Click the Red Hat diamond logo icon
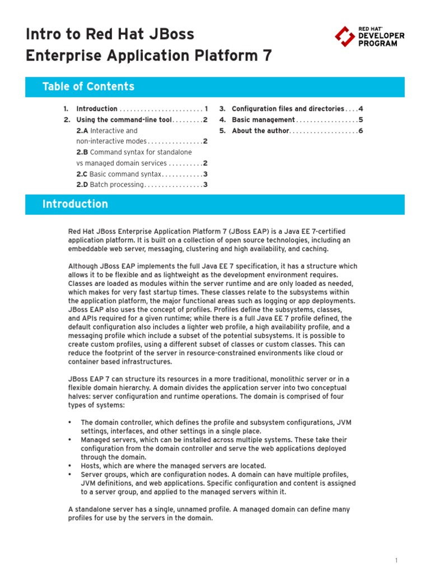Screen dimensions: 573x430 pos(344,36)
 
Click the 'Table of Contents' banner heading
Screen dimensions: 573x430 pos(88,87)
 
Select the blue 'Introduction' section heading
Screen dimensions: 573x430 pos(75,204)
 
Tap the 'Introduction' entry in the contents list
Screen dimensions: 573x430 pos(96,109)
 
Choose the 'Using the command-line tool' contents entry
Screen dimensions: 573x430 pos(124,120)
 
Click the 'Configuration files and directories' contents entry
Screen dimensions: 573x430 pos(288,109)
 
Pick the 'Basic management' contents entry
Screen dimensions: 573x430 pos(263,120)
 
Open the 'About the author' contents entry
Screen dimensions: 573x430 pos(260,131)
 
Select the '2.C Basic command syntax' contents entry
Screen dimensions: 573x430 pos(118,174)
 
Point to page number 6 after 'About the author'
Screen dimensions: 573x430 pos(361,131)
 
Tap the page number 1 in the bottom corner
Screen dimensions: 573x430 pos(396,560)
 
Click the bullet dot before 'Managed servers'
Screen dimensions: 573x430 pos(70,440)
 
